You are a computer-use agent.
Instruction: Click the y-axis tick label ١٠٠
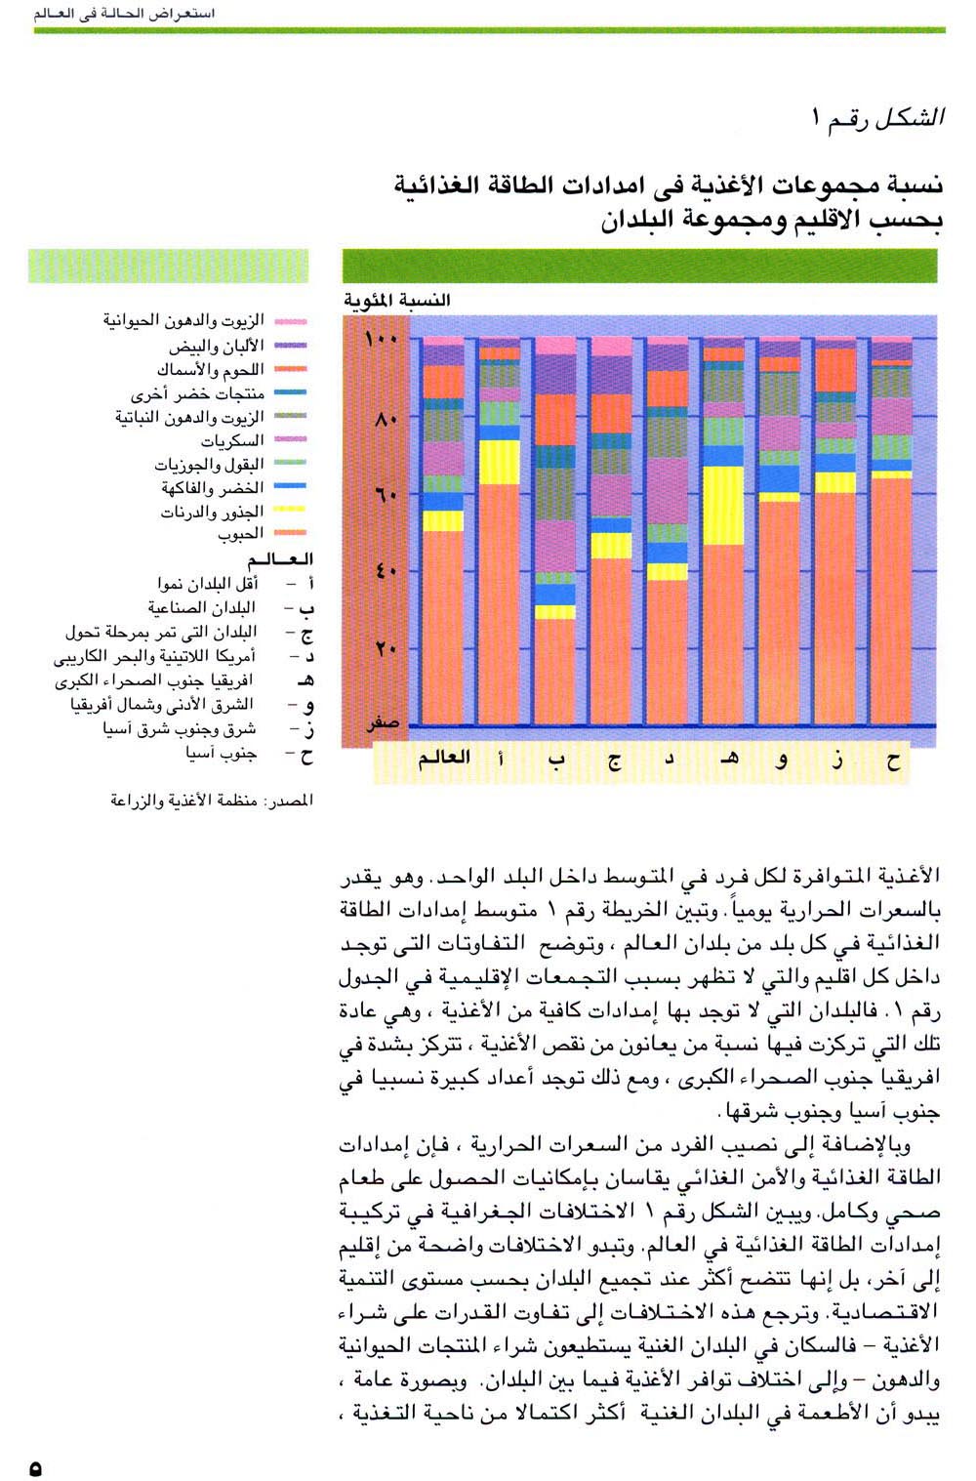[381, 341]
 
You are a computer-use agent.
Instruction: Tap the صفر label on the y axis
[383, 724]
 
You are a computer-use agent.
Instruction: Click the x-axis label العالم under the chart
[444, 759]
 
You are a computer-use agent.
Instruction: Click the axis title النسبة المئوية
[396, 300]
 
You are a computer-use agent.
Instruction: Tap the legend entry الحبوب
[241, 535]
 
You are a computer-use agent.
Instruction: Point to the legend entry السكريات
[231, 441]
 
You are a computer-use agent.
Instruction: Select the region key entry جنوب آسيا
[222, 754]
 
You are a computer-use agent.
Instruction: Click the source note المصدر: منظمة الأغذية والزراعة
[212, 801]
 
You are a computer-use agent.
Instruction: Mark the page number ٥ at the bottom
[36, 1467]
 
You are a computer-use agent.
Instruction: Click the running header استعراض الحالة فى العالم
[125, 14]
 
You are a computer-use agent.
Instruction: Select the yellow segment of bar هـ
[723, 506]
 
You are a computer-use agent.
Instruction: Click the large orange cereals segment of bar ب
[555, 671]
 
